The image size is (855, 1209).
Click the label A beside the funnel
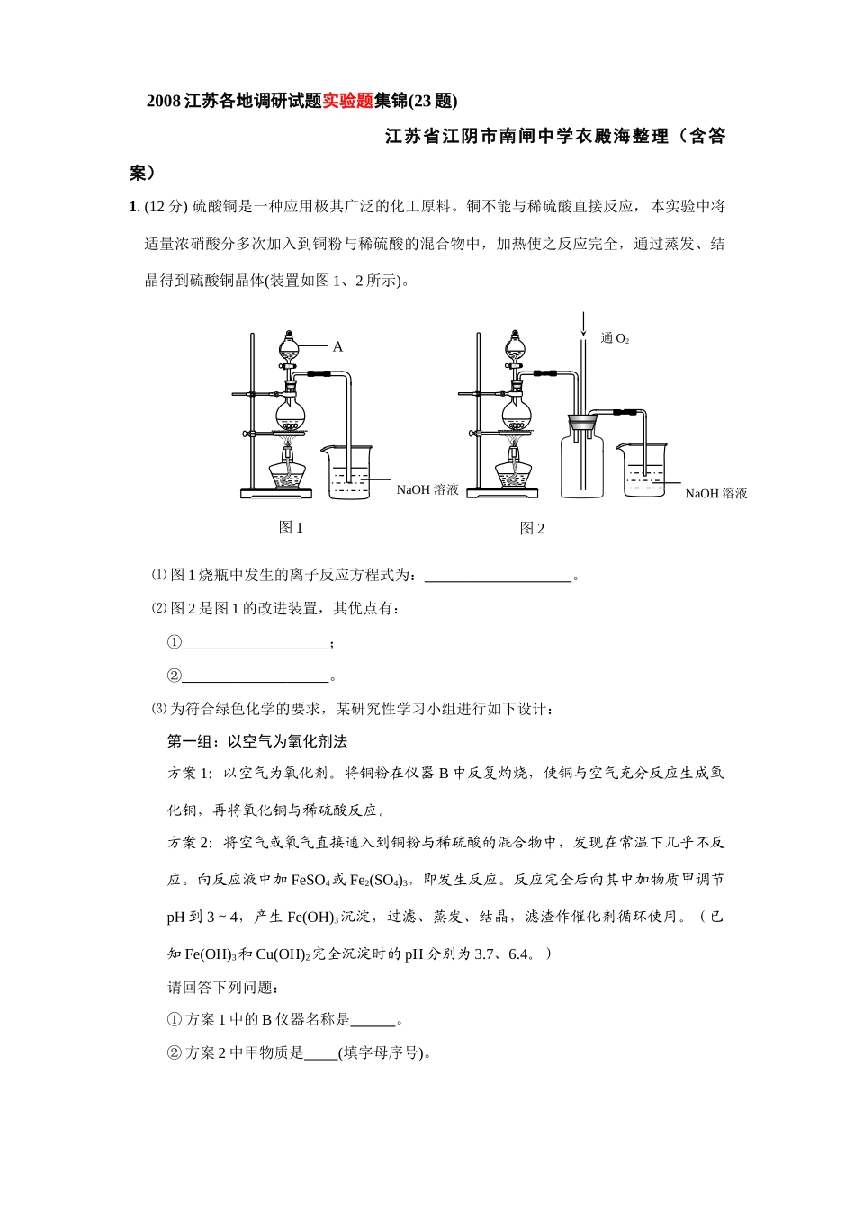337,346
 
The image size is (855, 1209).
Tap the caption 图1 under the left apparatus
291,528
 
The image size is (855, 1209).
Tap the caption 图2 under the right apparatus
532,528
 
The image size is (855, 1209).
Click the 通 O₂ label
615,338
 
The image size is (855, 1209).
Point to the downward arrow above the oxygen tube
583,325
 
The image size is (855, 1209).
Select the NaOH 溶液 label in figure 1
427,489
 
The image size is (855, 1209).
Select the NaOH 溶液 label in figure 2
715,493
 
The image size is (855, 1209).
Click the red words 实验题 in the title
347,101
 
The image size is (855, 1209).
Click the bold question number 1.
133,207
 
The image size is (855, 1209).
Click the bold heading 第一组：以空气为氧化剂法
257,742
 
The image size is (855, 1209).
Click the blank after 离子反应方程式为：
498,577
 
